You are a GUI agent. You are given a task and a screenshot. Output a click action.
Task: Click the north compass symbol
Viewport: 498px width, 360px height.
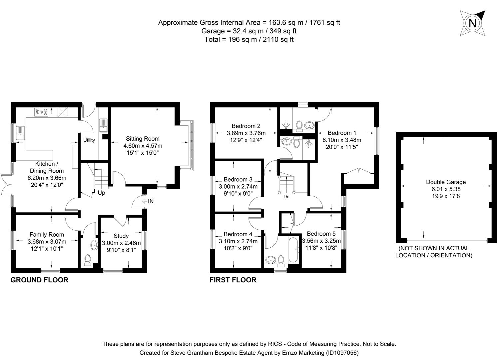point(472,23)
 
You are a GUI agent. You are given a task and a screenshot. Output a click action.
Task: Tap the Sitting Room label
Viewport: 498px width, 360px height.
point(143,139)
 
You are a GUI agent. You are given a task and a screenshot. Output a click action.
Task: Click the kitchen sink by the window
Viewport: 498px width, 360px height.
point(21,132)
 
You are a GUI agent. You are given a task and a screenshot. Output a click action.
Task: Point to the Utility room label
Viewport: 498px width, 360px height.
point(89,140)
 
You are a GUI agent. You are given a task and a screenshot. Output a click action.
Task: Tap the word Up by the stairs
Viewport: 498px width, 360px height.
point(101,193)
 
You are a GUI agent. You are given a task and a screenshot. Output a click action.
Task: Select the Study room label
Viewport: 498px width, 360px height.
point(121,236)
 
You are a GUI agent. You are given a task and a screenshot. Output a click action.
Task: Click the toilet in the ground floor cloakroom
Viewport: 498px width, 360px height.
point(88,259)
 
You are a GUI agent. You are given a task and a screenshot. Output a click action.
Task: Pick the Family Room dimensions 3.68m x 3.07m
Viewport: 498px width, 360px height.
point(47,242)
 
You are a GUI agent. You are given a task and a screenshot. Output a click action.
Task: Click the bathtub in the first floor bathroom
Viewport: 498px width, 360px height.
point(293,250)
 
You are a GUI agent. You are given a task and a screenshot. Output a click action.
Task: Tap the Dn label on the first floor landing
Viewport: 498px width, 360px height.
point(286,197)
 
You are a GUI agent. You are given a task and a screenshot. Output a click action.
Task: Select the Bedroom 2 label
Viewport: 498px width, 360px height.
point(246,126)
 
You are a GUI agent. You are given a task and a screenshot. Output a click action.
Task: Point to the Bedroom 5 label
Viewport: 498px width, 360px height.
point(321,234)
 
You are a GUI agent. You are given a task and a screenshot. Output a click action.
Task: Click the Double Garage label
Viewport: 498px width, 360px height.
point(446,182)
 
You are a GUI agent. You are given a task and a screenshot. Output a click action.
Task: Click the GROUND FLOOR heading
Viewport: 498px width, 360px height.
point(39,280)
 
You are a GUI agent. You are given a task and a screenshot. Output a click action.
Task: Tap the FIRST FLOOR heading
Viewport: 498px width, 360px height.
point(233,280)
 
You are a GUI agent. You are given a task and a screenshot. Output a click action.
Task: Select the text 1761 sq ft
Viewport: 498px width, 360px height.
point(325,23)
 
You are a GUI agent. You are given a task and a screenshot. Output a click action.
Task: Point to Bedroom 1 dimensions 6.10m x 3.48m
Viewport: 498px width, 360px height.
point(341,140)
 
